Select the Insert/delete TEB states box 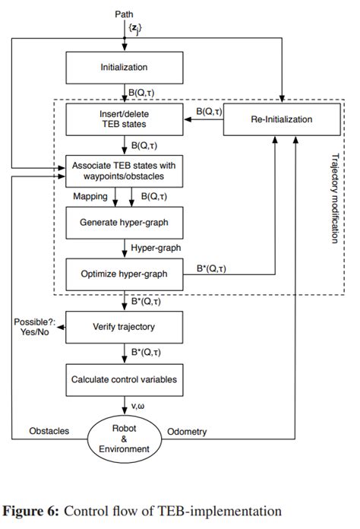click(125, 119)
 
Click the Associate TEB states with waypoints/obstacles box click(125, 171)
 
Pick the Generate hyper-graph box click(125, 223)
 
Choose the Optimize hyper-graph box click(125, 274)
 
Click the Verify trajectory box click(125, 327)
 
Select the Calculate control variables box click(125, 379)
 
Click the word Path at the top click(124, 14)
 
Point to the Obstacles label click(49, 431)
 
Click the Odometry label click(187, 431)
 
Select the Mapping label click(90, 196)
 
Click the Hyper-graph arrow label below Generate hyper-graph click(155, 248)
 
